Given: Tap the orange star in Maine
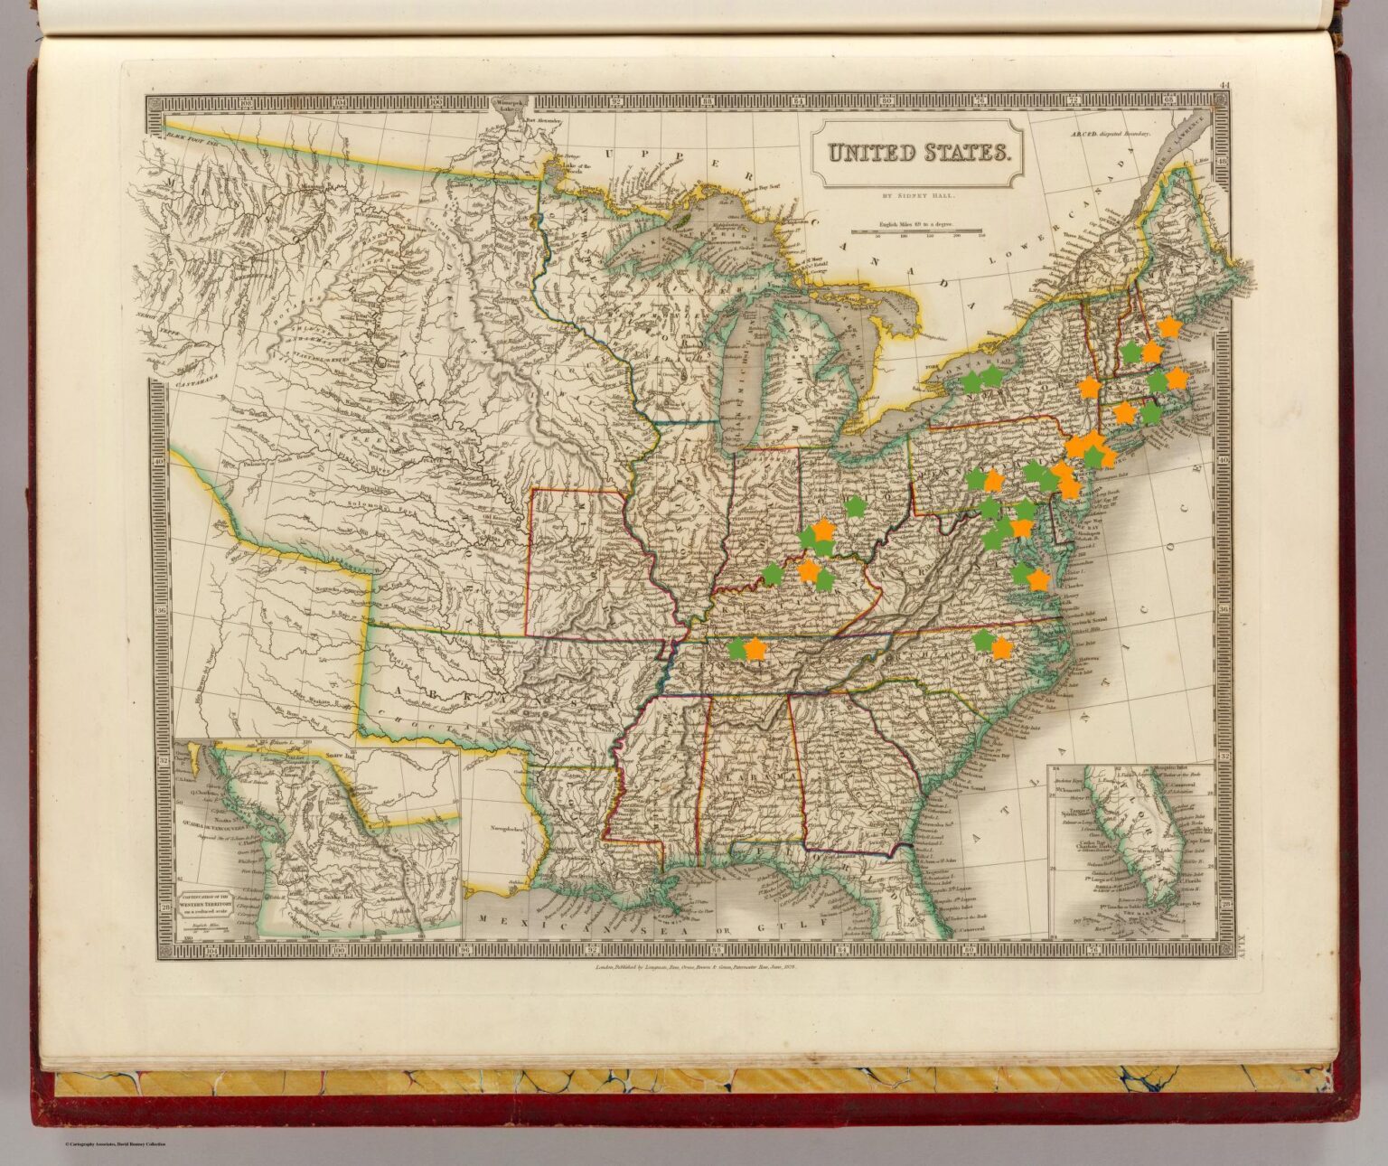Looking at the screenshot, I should (x=1169, y=326).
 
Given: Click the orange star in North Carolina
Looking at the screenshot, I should (x=1001, y=648).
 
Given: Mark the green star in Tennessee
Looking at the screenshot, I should (x=737, y=647).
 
